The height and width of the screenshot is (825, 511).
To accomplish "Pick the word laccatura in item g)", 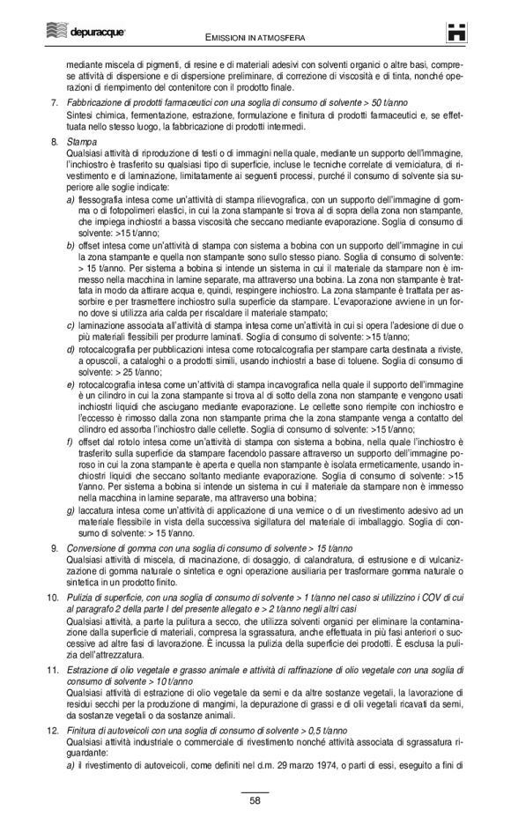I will [x=96, y=510].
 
